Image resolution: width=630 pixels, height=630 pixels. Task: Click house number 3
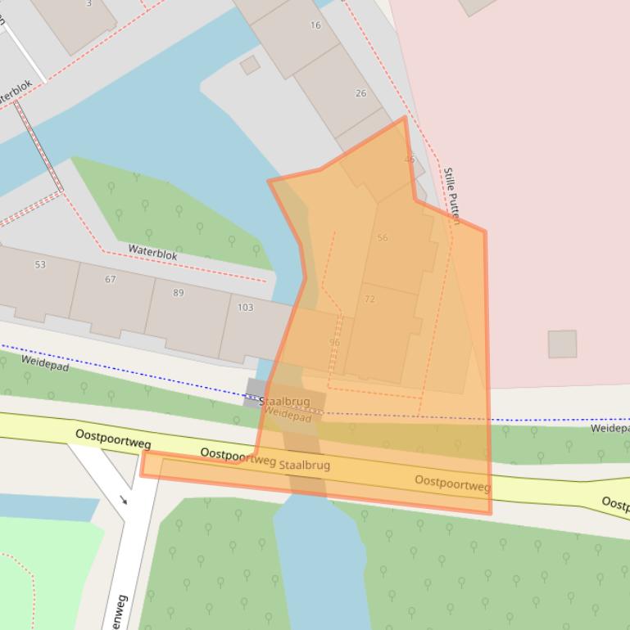point(88,3)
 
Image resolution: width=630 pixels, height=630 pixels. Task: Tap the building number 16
point(315,25)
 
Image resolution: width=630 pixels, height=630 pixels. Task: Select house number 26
point(360,93)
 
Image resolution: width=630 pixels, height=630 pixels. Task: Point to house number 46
point(410,159)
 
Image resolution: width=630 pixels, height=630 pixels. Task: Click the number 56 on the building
point(383,238)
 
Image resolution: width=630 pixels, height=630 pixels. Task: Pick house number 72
point(369,299)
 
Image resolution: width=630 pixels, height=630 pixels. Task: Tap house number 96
point(334,342)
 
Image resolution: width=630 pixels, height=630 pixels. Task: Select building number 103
point(245,308)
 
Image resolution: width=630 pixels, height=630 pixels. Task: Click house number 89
point(179,293)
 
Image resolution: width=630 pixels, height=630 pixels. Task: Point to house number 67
point(111,280)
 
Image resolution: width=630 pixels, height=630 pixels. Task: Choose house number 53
point(41,265)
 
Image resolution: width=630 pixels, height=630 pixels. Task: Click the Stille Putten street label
point(451,195)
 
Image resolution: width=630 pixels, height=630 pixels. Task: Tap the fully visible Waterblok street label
point(152,252)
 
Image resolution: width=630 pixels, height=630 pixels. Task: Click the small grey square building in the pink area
point(562,344)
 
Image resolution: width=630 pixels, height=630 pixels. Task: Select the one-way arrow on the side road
point(125,500)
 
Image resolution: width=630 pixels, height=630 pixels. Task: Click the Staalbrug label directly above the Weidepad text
point(284,403)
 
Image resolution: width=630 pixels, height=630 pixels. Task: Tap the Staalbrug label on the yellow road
point(304,465)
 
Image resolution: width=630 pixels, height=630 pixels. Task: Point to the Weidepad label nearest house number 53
point(45,363)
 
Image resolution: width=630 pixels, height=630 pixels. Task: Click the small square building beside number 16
point(250,65)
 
